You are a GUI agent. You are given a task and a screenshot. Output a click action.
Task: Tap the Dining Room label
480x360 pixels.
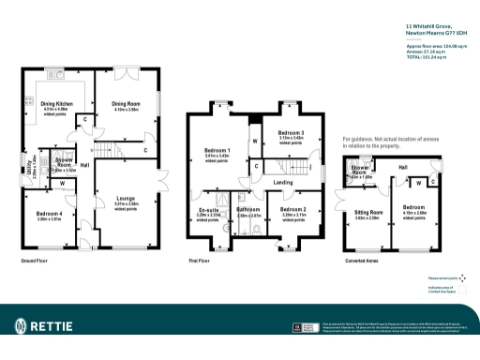point(126,103)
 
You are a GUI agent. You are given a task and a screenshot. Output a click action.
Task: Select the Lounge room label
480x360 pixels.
point(126,198)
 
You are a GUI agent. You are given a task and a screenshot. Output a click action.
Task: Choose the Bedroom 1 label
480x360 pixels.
point(217,150)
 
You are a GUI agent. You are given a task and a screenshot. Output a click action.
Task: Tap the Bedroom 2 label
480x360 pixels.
point(293,209)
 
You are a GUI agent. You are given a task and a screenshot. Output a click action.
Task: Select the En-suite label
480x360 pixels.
point(209,209)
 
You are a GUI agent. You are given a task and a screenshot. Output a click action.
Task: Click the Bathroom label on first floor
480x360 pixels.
point(248,209)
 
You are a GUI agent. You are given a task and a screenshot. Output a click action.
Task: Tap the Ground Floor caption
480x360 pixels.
point(34,260)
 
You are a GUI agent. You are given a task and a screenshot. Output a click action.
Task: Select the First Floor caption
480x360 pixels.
point(200,260)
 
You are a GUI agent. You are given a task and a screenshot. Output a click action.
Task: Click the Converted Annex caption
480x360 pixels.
point(362,260)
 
